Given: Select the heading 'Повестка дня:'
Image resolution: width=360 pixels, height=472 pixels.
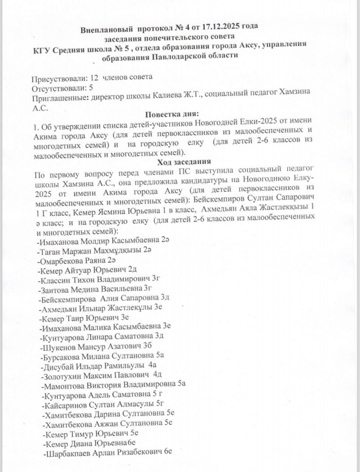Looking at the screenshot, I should tap(171, 114).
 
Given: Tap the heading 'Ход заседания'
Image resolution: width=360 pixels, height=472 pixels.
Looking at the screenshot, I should tap(184, 162).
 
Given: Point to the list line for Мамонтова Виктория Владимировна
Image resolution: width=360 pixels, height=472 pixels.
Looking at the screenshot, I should tap(113, 385).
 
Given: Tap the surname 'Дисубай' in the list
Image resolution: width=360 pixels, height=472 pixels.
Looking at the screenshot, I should tap(58, 366).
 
